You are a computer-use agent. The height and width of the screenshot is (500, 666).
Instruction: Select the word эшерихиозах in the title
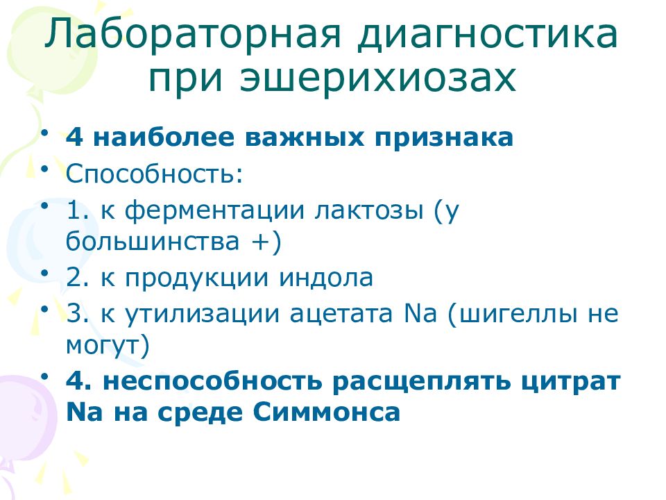(x=379, y=78)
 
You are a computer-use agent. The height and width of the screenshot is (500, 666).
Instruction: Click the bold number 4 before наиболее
(x=74, y=137)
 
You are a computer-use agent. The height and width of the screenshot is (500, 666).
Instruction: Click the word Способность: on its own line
(x=155, y=173)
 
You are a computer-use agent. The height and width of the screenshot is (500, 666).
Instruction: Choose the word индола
(x=326, y=277)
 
